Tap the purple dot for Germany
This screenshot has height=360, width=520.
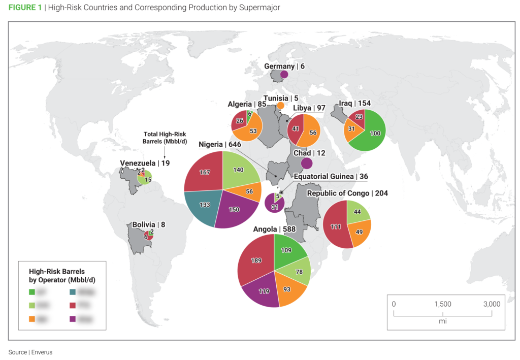(284, 75)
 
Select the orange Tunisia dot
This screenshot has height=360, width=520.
(280, 106)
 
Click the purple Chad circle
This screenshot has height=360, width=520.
(306, 163)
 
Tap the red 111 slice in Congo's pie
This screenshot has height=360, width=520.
(335, 226)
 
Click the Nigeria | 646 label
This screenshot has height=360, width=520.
(219, 144)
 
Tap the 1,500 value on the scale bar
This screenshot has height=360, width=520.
(443, 304)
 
